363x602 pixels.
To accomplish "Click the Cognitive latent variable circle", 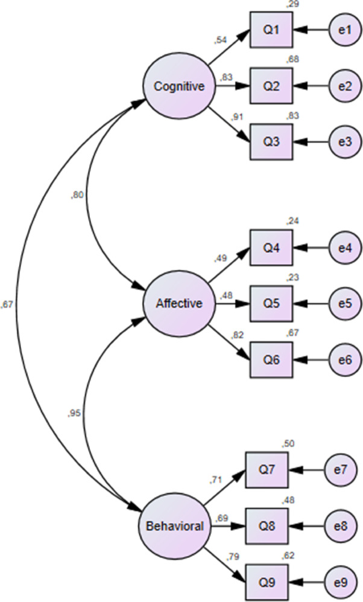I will click(178, 87).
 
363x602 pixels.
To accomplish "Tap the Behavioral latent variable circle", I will click(174, 526).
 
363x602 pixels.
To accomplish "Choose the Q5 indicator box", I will click(272, 304).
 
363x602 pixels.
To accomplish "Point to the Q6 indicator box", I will click(272, 360).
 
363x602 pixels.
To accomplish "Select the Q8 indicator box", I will click(267, 526).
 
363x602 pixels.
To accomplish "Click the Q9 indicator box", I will click(267, 581).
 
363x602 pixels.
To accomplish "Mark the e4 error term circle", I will click(346, 247).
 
